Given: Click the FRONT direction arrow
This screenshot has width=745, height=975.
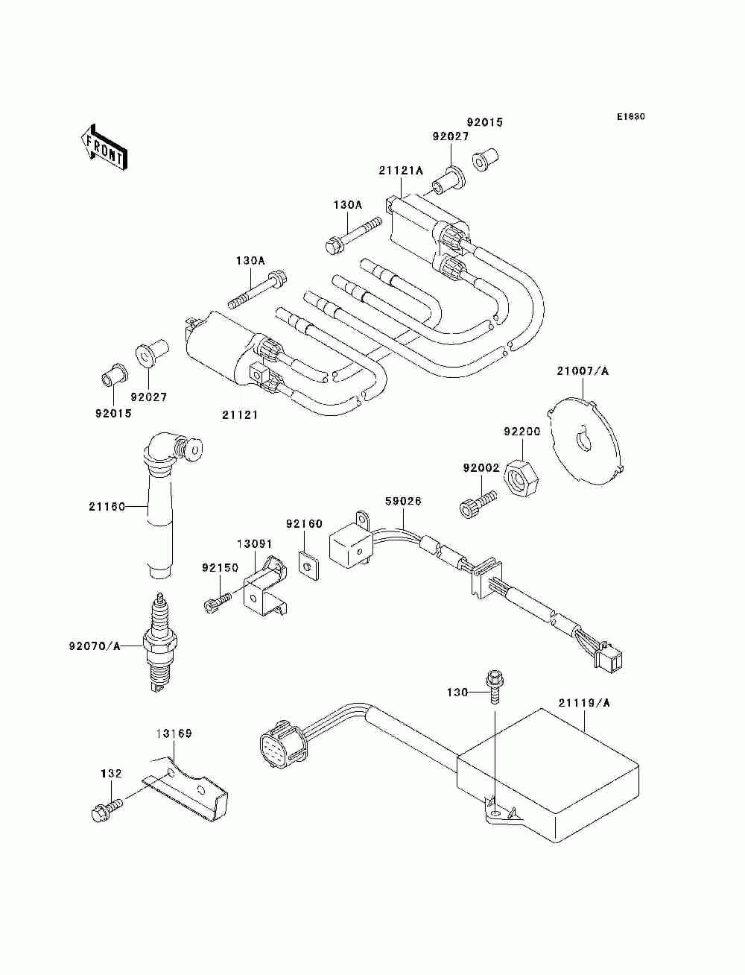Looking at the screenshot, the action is [x=104, y=147].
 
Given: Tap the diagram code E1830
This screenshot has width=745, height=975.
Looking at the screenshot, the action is [x=630, y=117].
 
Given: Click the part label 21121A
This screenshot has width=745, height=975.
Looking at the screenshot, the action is [x=401, y=171].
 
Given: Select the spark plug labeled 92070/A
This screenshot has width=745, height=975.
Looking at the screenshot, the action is [x=160, y=643].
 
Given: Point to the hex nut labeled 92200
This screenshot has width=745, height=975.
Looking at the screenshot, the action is [x=521, y=478].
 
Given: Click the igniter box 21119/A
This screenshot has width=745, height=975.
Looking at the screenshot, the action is [x=547, y=781].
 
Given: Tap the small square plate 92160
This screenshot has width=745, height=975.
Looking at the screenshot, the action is [x=308, y=565].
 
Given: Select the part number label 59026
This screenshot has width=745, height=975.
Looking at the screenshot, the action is [x=403, y=501].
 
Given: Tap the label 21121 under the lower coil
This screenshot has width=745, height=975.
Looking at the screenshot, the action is [x=240, y=414].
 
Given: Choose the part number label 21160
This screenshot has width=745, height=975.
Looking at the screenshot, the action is [x=107, y=506].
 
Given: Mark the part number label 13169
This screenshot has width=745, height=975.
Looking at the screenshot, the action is [x=174, y=733].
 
